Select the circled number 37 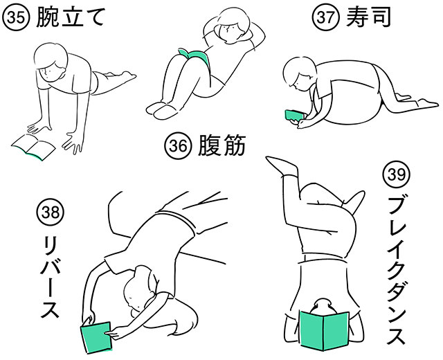pyautogui.click(x=325, y=17)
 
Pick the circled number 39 pyautogui.click(x=395, y=175)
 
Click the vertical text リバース pyautogui.click(x=48, y=278)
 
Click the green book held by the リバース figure pyautogui.click(x=96, y=338)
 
